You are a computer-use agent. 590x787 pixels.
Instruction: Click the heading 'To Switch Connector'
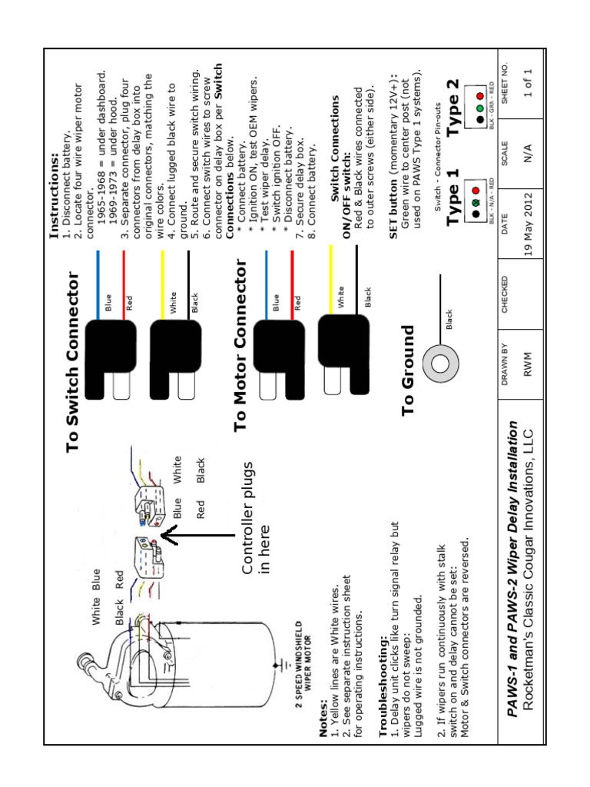click(74, 361)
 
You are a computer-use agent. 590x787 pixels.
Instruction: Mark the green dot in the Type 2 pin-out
click(479, 106)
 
